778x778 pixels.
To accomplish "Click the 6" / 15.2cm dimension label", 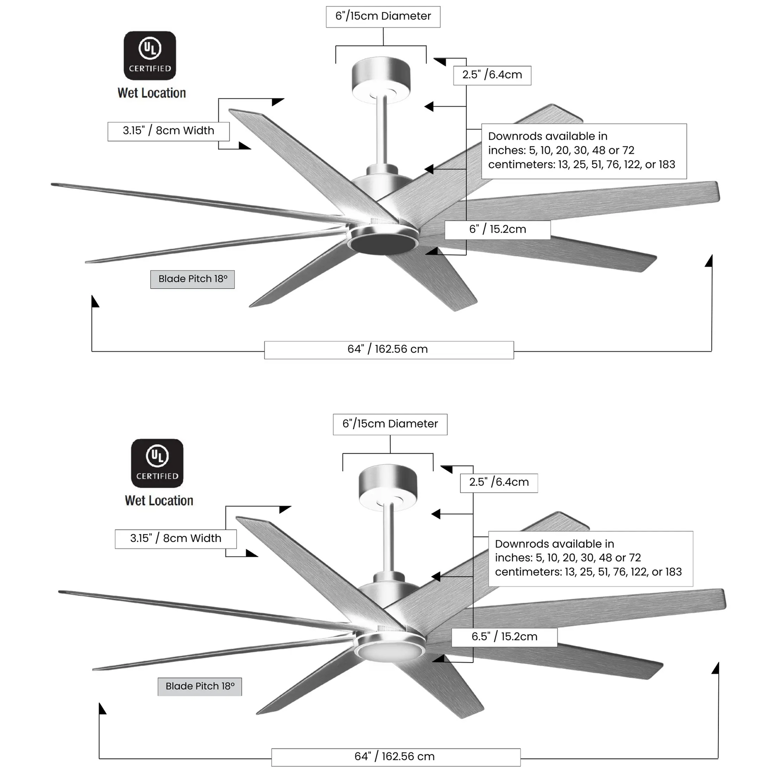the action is point(497,230).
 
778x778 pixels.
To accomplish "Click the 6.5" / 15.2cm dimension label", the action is point(504,637).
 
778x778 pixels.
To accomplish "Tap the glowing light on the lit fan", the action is point(389,651).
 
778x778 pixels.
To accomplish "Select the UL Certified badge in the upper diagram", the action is point(150,56).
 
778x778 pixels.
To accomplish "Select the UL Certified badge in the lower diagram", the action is point(157,463).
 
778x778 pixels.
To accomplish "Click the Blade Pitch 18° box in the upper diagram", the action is point(192,279).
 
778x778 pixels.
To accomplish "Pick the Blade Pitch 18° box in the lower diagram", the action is point(200,686).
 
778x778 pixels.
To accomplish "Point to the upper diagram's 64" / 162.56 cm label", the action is point(389,350).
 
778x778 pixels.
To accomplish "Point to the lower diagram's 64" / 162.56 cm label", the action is point(395,757).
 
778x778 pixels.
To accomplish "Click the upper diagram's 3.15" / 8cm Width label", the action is point(169,131).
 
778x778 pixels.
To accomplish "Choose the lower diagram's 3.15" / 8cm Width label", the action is point(176,539).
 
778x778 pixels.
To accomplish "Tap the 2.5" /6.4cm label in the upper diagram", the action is point(492,75).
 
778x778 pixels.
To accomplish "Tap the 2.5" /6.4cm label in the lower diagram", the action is point(499,483).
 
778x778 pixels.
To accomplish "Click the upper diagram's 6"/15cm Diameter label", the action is point(383,16).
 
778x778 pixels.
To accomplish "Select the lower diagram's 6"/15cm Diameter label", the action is point(390,424).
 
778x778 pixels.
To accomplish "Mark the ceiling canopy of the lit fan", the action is point(388,488).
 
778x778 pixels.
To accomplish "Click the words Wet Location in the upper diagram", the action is point(152,93).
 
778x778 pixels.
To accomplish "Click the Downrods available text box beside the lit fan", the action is point(590,558).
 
